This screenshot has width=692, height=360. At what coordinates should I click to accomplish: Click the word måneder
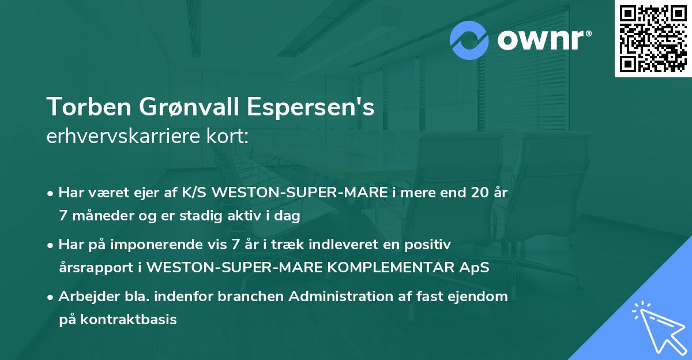coord(101,216)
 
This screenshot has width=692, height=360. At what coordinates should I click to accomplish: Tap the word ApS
coord(474,268)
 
